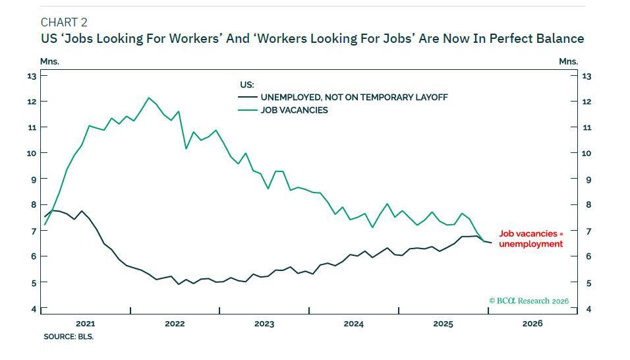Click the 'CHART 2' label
click(64, 22)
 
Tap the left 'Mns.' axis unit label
click(49, 61)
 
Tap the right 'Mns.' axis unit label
click(568, 61)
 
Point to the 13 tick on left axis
click(31, 76)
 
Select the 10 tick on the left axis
click(31, 153)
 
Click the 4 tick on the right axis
click(587, 309)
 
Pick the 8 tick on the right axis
click(587, 205)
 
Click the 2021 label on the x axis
click(85, 324)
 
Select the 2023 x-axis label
click(264, 324)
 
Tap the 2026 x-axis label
click(532, 324)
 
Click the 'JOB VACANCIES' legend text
click(294, 110)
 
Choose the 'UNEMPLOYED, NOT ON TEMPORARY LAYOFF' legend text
click(354, 97)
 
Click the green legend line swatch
click(247, 110)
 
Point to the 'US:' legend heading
click(246, 84)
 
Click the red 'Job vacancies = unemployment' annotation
click(531, 239)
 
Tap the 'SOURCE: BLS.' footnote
click(69, 336)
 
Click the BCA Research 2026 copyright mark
click(529, 301)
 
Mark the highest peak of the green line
click(149, 98)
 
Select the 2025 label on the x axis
click(443, 324)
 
